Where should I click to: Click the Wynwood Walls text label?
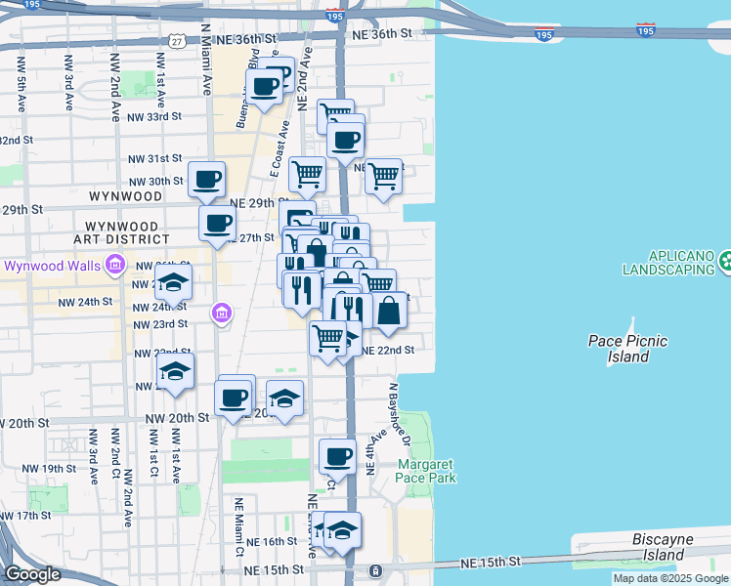[49, 265]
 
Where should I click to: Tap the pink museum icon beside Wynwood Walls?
[116, 264]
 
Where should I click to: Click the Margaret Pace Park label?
[426, 471]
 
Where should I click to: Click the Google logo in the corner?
[33, 574]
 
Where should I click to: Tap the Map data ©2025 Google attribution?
[670, 578]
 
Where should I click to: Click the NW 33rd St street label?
[154, 116]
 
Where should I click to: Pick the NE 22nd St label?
[389, 350]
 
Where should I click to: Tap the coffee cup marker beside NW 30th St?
[207, 180]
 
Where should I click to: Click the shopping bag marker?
[389, 311]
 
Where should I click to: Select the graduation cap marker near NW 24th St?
[174, 285]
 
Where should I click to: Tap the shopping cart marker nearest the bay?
[383, 177]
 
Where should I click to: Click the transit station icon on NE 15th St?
[374, 570]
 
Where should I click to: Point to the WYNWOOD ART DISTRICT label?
[121, 231]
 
